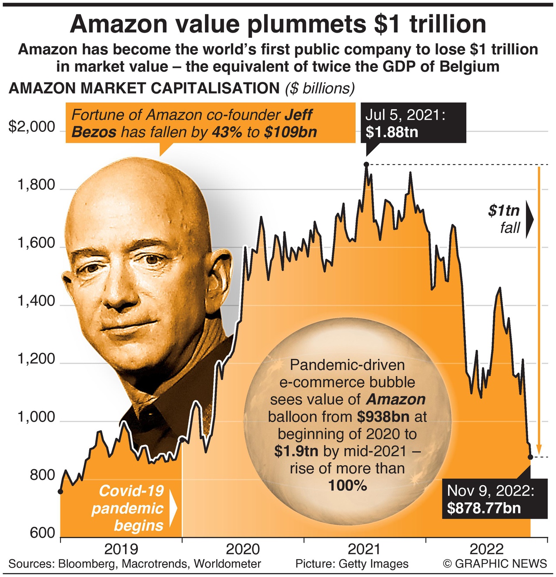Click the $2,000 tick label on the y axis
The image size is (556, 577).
(x=32, y=127)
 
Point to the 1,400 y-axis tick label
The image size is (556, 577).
(x=37, y=301)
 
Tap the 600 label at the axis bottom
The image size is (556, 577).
(x=43, y=533)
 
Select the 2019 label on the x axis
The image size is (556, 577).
(x=121, y=549)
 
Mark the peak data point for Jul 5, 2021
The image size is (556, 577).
(x=366, y=164)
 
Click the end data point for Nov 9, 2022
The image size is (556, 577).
(x=530, y=457)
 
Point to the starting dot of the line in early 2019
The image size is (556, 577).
(x=60, y=491)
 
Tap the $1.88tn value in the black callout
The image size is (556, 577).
(x=392, y=132)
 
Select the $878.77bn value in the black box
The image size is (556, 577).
(x=484, y=508)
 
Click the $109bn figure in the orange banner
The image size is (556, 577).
(x=290, y=132)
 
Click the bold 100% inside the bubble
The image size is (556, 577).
(x=348, y=485)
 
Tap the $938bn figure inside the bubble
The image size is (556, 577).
(x=383, y=416)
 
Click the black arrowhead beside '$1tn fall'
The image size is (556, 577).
(x=529, y=219)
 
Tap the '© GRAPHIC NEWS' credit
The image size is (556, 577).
(x=495, y=564)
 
